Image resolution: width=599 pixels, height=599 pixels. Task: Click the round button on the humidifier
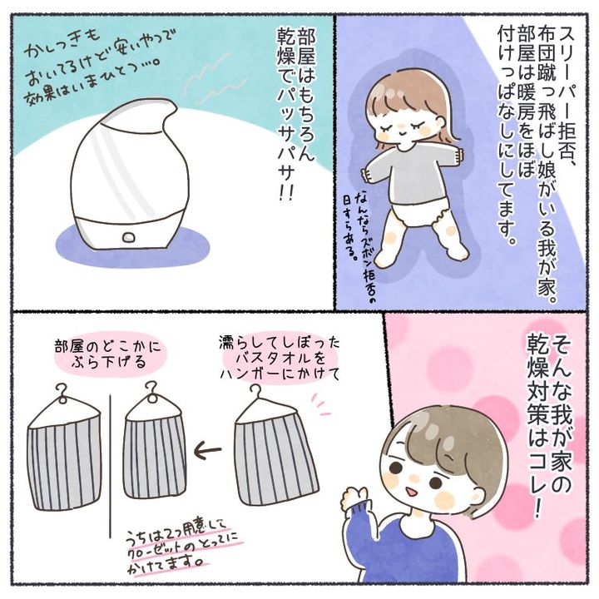point(129,237)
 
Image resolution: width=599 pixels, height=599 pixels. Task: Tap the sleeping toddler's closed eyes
point(398,126)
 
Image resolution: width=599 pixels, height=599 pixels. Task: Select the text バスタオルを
point(280,359)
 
